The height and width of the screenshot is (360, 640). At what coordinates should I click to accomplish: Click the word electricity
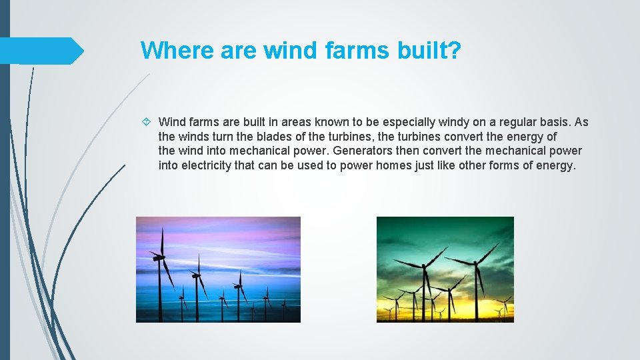(x=207, y=166)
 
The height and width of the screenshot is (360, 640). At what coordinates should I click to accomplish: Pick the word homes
(x=393, y=166)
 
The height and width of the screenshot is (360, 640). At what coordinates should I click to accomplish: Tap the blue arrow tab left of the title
(x=40, y=51)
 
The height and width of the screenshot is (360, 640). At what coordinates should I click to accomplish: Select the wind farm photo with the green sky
(x=445, y=269)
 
